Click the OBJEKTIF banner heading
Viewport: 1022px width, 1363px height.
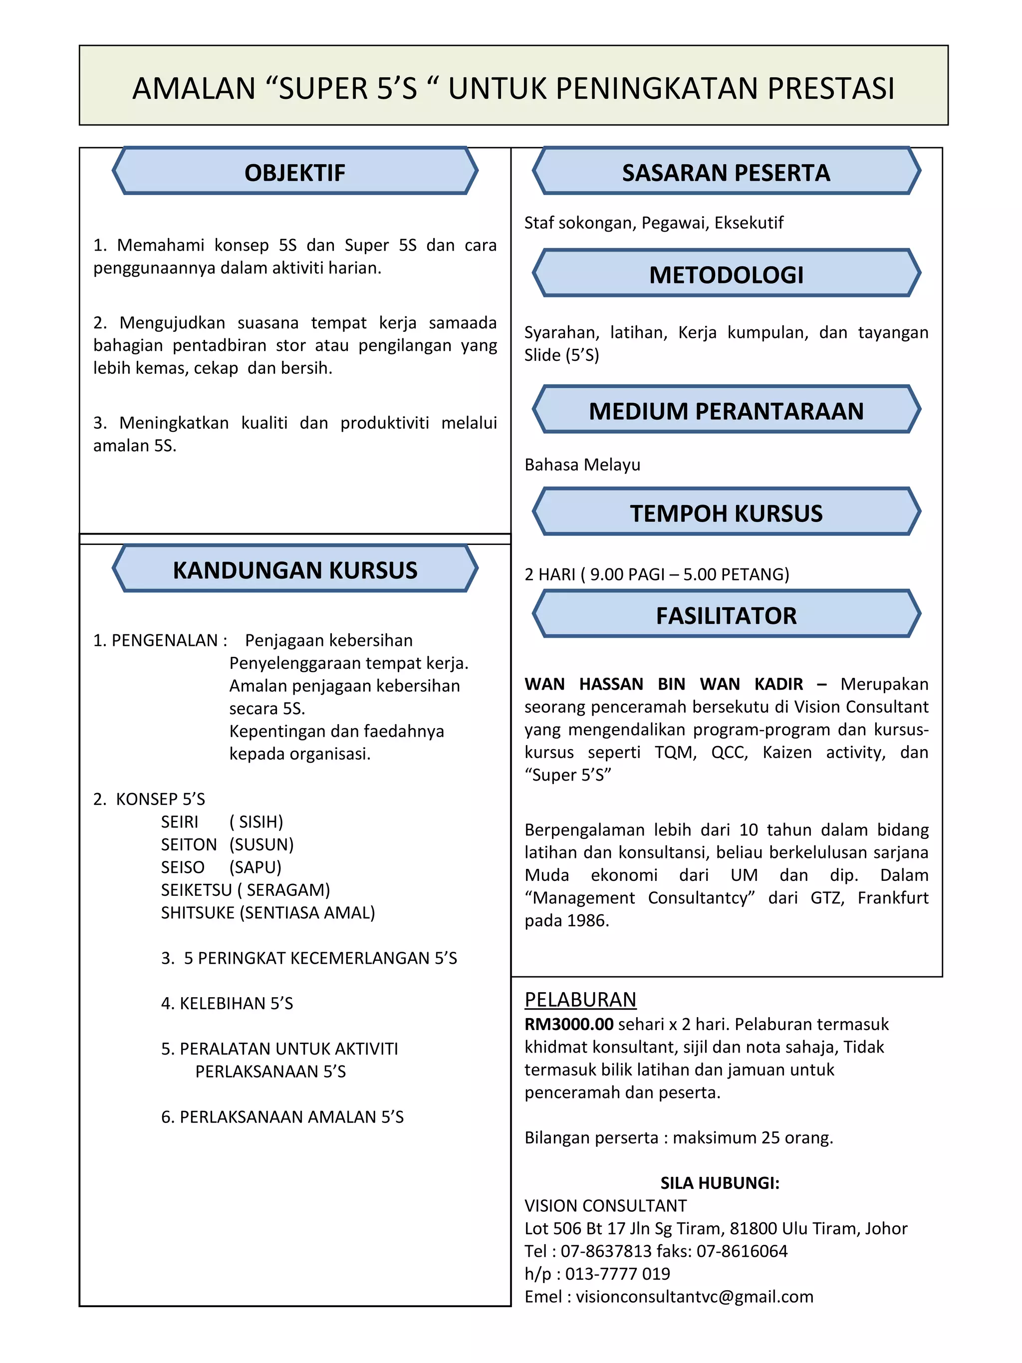(x=294, y=173)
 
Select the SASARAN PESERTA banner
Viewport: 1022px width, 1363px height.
(x=726, y=173)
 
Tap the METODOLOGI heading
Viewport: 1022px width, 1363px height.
(x=726, y=275)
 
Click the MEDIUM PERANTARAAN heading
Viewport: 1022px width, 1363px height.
(x=726, y=411)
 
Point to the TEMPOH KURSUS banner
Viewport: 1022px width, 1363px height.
(x=726, y=513)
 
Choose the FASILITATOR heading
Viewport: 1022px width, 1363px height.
(x=726, y=615)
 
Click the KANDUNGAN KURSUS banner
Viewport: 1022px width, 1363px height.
(x=294, y=570)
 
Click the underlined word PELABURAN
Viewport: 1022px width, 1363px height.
(x=580, y=1000)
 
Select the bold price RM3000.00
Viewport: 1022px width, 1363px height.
(x=568, y=1024)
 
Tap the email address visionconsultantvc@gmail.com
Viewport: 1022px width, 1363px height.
(x=694, y=1297)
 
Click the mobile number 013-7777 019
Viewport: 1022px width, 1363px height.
(x=617, y=1274)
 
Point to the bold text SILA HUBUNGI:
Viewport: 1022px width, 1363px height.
(x=720, y=1183)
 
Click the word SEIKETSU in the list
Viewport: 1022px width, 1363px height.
(x=196, y=890)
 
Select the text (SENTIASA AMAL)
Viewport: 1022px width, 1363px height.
(x=307, y=912)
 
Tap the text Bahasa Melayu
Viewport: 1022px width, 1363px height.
(x=582, y=465)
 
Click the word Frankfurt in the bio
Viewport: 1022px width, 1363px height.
(x=893, y=898)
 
